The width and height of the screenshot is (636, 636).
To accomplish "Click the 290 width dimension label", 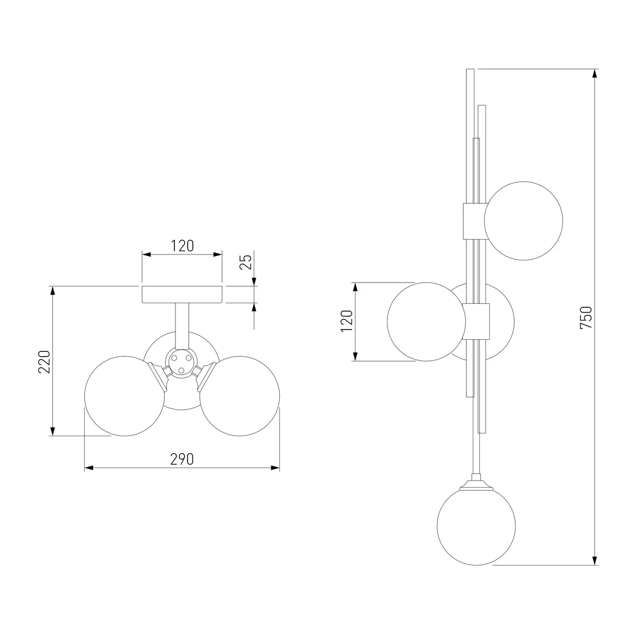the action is pyautogui.click(x=182, y=459).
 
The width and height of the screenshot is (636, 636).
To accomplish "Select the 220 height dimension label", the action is pyautogui.click(x=44, y=362).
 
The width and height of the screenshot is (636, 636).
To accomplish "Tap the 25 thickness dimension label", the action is pyautogui.click(x=245, y=262).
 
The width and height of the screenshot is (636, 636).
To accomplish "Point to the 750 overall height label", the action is pyautogui.click(x=586, y=318).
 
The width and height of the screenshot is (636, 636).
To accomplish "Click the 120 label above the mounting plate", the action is pyautogui.click(x=182, y=246).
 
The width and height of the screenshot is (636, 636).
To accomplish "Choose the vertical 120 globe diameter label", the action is pyautogui.click(x=347, y=321).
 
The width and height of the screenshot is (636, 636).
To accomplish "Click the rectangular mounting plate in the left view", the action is pyautogui.click(x=182, y=294).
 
